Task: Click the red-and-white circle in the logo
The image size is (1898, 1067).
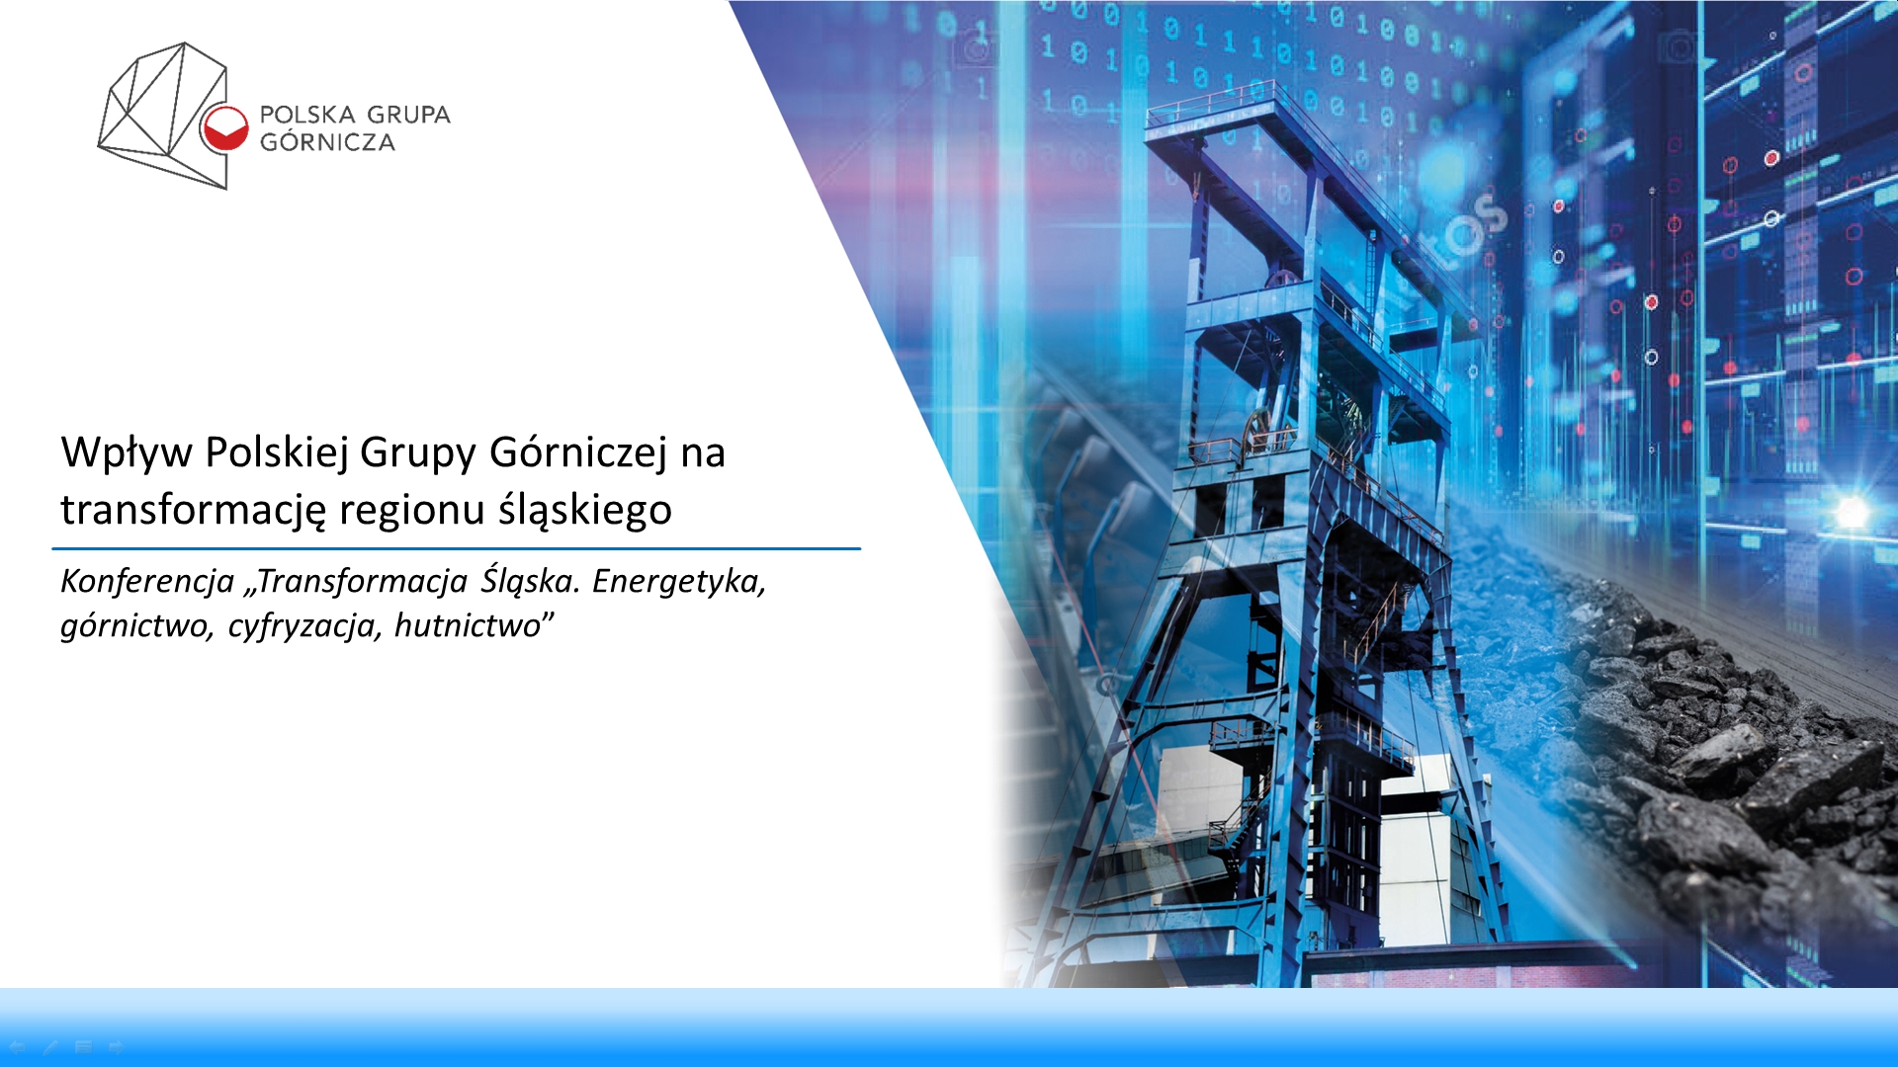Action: tap(225, 128)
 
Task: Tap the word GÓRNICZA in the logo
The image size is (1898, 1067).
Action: tap(327, 141)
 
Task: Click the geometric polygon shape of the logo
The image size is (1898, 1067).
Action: tap(163, 116)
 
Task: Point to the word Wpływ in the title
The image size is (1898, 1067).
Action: tap(127, 453)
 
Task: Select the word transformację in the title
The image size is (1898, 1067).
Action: tap(193, 511)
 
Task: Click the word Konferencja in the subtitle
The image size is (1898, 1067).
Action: tap(147, 581)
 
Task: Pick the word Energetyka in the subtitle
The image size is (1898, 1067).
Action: tap(679, 581)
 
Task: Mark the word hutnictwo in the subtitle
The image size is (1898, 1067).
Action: tap(468, 624)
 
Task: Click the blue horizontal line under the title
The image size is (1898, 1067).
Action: tap(456, 548)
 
